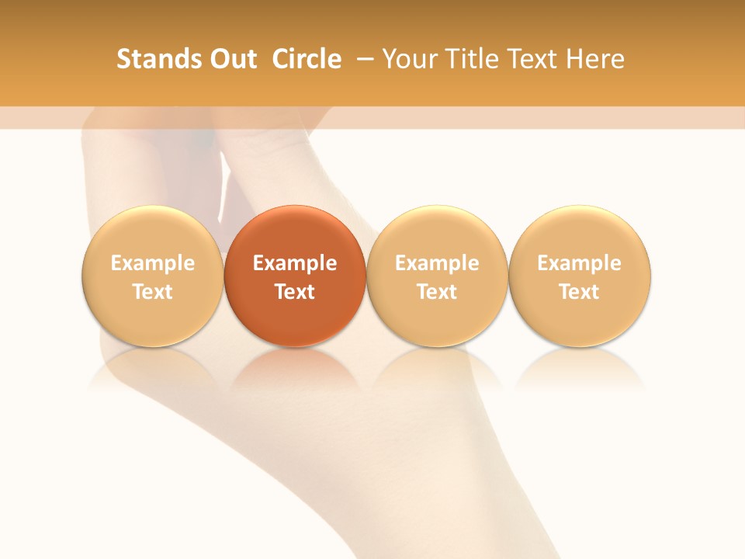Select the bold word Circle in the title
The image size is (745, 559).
pyautogui.click(x=307, y=59)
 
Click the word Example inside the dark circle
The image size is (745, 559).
pyautogui.click(x=295, y=263)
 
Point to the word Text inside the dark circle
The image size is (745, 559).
pyautogui.click(x=295, y=292)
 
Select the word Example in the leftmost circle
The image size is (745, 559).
pyautogui.click(x=153, y=263)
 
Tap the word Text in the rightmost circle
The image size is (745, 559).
pyautogui.click(x=580, y=292)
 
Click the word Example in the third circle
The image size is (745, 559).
pyautogui.click(x=437, y=263)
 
